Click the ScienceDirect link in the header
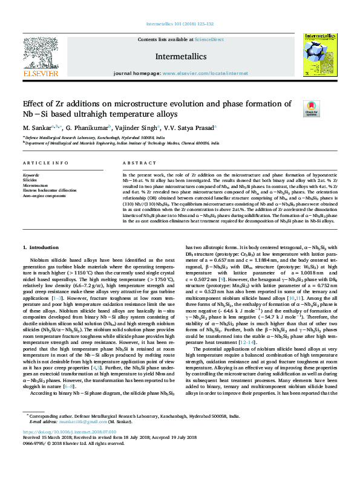209,39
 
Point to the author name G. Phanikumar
88,128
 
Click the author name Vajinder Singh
137,128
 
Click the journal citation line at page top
180,25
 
